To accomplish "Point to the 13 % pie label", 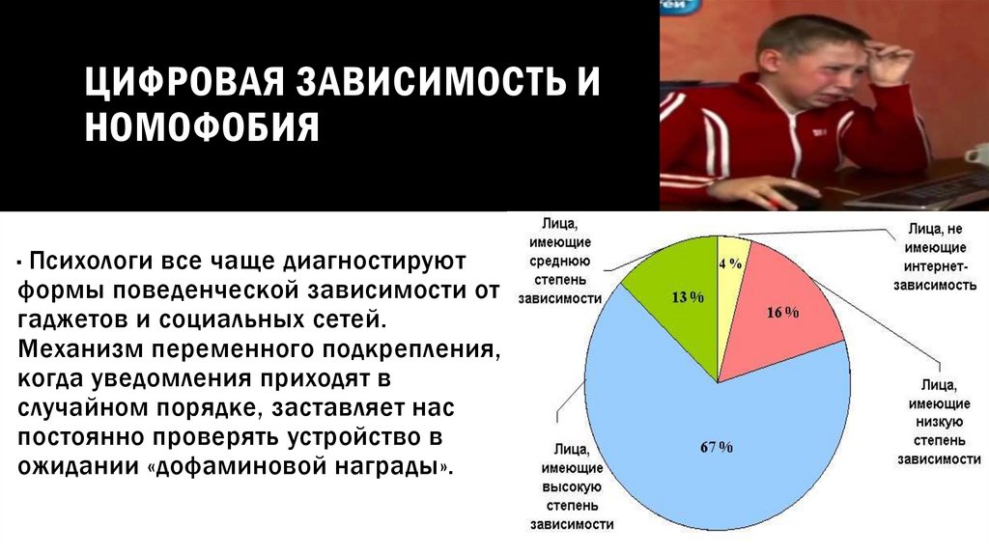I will (x=687, y=297).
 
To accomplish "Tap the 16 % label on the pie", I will (x=782, y=312).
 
